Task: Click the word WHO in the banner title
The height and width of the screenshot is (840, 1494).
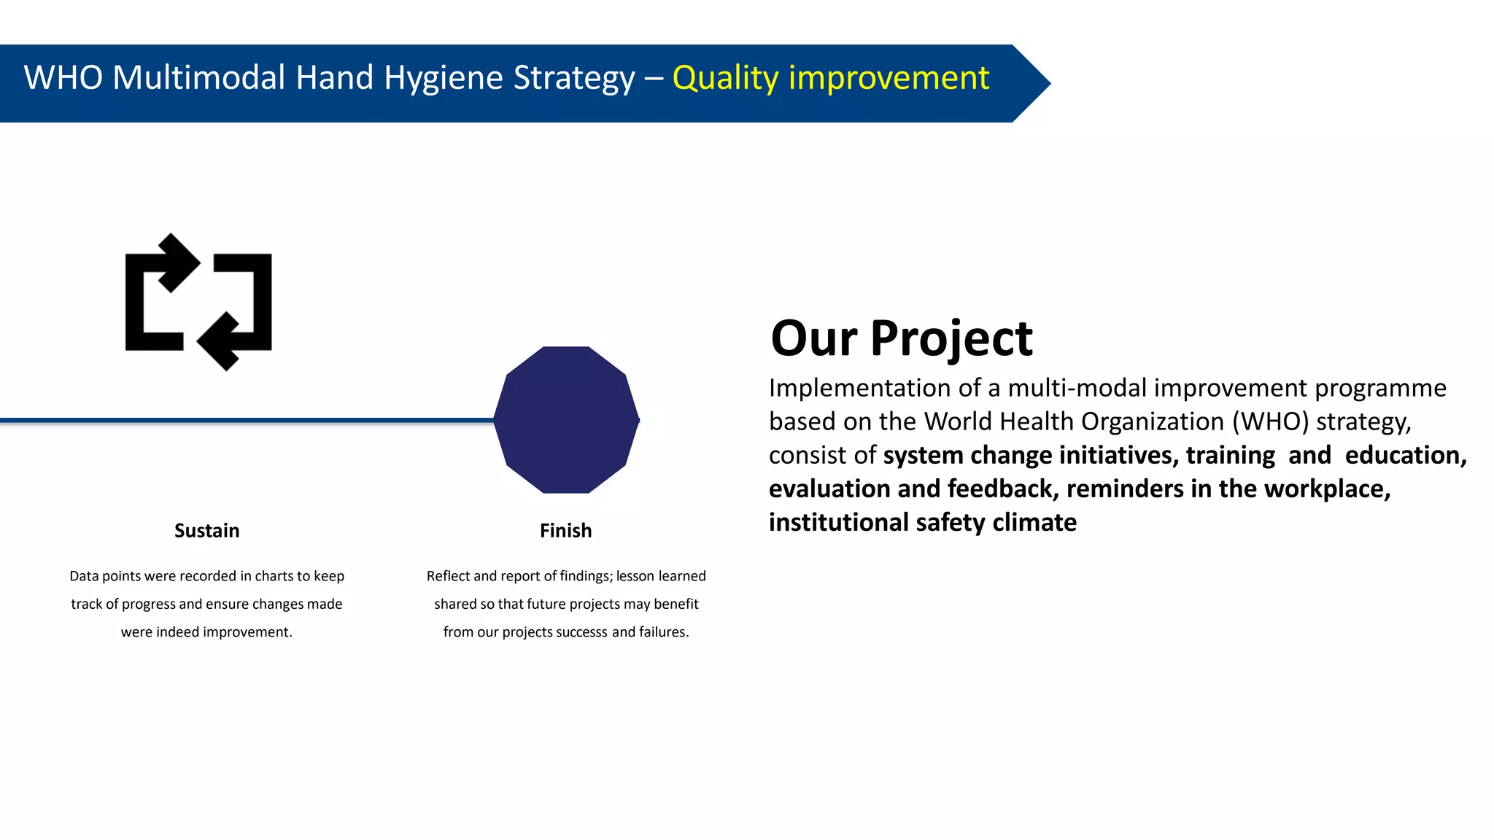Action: pyautogui.click(x=63, y=77)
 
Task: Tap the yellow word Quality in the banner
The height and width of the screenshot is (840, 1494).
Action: pyautogui.click(x=725, y=78)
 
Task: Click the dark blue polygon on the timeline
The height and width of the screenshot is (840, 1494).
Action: pyautogui.click(x=566, y=420)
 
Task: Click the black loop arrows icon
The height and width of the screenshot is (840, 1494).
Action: pyautogui.click(x=198, y=302)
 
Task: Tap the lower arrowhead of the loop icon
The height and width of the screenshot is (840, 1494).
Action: pyautogui.click(x=220, y=341)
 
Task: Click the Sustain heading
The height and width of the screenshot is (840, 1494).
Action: pyautogui.click(x=206, y=531)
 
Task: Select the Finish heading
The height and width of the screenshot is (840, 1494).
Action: pyautogui.click(x=565, y=531)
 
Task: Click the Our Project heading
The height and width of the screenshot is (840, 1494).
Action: pyautogui.click(x=901, y=338)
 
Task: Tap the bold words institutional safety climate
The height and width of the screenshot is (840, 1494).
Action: pyautogui.click(x=922, y=522)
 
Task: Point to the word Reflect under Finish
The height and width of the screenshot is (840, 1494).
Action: pyautogui.click(x=448, y=576)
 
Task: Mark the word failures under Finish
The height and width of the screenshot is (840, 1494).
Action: pyautogui.click(x=662, y=632)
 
